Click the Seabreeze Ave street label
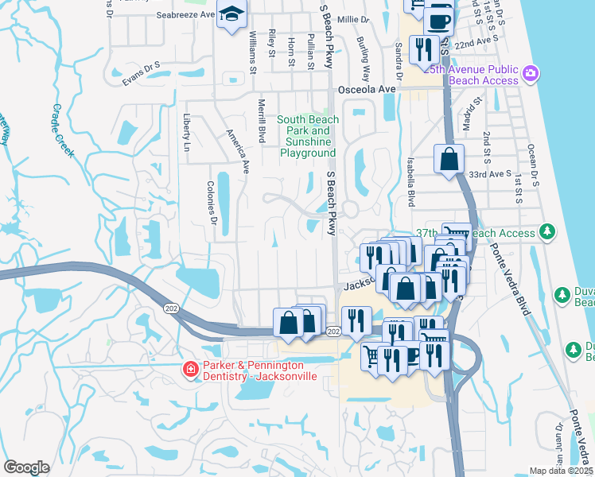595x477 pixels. tap(185, 14)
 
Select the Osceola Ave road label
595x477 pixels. tap(365, 89)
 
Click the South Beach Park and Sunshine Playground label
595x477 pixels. tap(308, 136)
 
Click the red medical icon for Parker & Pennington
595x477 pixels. tap(190, 369)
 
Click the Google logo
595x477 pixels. tap(26, 467)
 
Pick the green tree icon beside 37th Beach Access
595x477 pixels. tap(546, 232)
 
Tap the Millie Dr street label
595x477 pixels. tap(354, 19)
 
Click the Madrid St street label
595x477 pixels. tap(477, 112)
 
